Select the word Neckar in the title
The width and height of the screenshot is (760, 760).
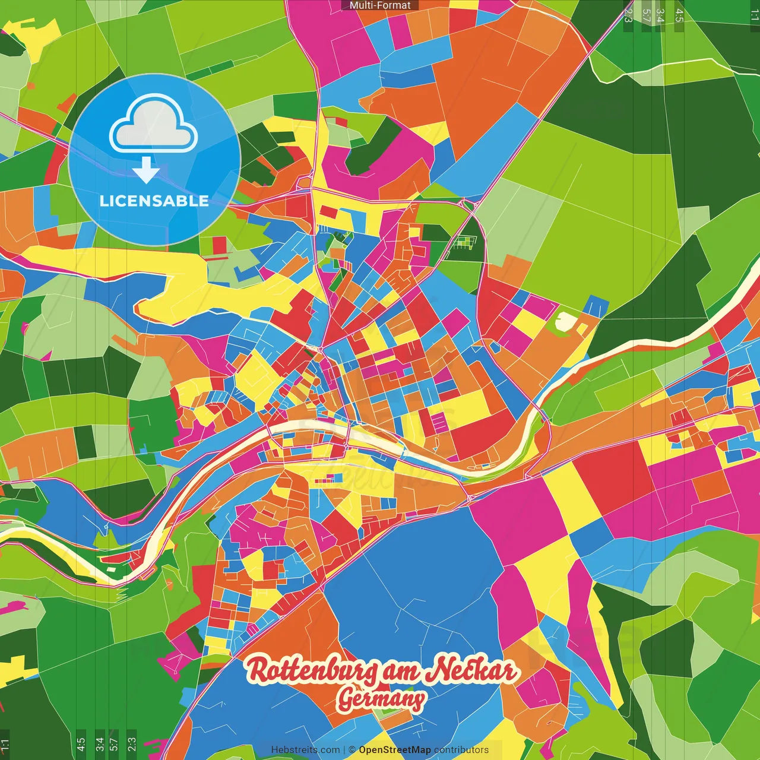(472, 670)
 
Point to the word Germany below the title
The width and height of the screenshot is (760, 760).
(381, 699)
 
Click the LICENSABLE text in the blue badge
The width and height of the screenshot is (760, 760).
(154, 201)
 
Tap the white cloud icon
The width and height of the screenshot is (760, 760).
(154, 123)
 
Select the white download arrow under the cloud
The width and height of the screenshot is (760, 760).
(146, 170)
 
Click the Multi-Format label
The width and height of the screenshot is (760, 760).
(380, 5)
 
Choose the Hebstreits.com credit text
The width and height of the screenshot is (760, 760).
(305, 750)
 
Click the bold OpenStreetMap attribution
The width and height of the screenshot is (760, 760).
(394, 750)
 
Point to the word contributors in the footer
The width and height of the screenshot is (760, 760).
(461, 750)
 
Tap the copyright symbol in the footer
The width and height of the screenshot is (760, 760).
(351, 750)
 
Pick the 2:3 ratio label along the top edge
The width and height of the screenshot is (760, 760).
(628, 15)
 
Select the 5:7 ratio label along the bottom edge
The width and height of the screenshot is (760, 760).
(115, 745)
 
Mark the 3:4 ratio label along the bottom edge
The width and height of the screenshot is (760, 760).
(99, 745)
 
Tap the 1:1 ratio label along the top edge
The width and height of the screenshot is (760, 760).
(754, 15)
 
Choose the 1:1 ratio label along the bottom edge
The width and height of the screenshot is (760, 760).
(5, 745)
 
